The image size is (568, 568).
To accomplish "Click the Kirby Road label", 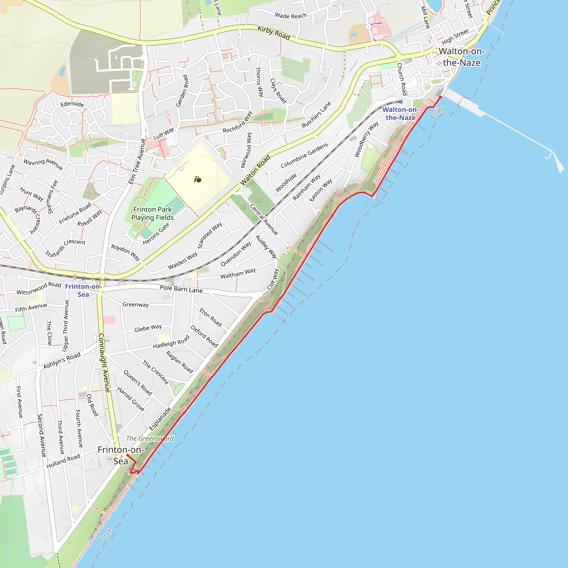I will click(274, 33).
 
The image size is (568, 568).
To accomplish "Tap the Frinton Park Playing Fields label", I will click(152, 214).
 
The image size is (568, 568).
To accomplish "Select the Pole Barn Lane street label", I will click(181, 289).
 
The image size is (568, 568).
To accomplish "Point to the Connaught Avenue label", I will click(104, 363).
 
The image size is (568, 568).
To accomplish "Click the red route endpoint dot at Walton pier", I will click(440, 97).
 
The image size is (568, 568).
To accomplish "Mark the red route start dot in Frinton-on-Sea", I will click(128, 455).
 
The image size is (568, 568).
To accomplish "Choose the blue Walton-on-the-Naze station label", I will click(400, 113).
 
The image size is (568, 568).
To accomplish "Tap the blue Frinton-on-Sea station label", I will click(83, 290).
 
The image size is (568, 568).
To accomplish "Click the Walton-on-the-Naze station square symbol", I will click(401, 102).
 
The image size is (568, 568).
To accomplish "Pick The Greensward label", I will click(150, 439).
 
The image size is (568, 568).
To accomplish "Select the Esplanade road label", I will click(160, 419).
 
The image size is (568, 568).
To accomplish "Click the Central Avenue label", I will click(264, 220).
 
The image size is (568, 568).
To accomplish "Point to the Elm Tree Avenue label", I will click(137, 161).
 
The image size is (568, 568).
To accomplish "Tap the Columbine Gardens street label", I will click(304, 156).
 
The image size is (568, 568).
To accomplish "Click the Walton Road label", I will click(255, 170).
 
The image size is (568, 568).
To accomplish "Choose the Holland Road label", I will click(63, 461).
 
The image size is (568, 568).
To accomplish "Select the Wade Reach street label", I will click(291, 16).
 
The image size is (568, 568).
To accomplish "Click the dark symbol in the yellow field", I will click(197, 179).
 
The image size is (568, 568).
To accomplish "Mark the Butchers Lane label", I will click(316, 115).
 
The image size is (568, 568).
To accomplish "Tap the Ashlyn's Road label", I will click(62, 361).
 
